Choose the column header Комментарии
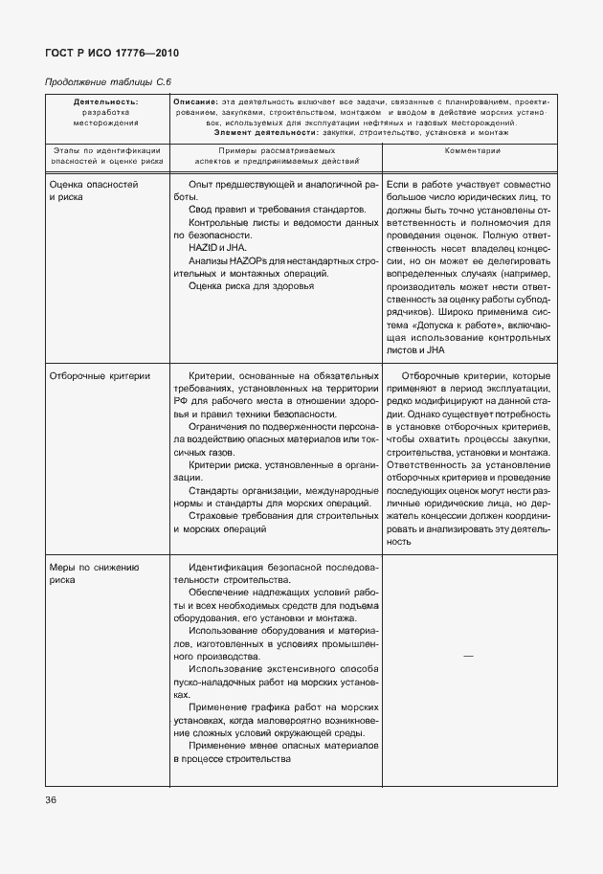tap(471, 152)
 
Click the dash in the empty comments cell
tap(468, 655)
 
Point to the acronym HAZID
tap(202, 247)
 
